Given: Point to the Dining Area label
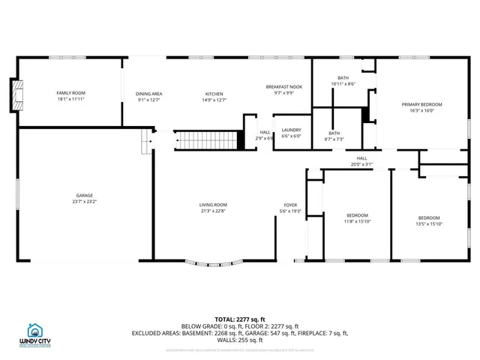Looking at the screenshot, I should [149, 94].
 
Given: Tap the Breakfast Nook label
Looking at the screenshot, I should [283, 87].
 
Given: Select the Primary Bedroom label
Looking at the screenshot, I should [421, 104].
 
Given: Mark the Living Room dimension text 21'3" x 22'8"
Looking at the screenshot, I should [213, 211].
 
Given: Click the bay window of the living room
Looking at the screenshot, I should [214, 262].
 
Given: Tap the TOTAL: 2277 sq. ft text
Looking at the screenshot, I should [241, 319].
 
